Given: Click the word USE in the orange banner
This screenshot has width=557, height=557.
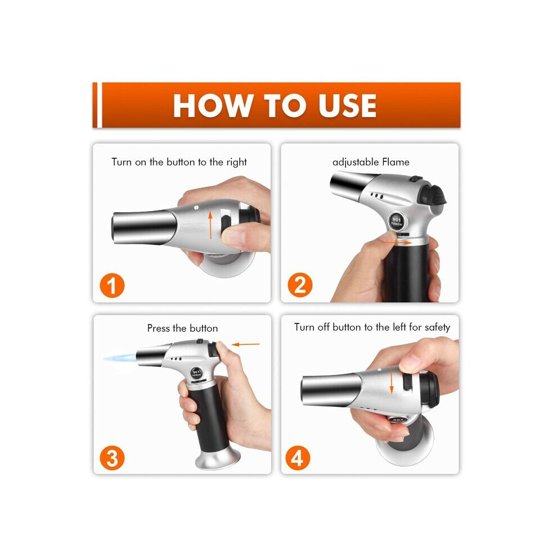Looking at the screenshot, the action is [347, 106].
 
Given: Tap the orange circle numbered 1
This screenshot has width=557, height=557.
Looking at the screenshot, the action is [112, 286].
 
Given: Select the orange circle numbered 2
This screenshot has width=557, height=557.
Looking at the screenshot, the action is [300, 285].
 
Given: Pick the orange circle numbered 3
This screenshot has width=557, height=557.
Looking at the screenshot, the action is [112, 458].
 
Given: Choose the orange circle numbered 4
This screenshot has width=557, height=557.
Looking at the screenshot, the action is [298, 458].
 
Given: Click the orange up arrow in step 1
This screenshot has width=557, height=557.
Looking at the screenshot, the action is [210, 224].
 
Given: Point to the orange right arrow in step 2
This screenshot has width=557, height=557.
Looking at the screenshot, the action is [398, 242].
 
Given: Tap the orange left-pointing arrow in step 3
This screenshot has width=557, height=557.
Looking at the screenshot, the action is [245, 344].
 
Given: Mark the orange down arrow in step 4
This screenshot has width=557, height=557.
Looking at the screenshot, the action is [392, 380].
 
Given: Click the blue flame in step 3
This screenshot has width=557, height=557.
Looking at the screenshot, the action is [120, 358].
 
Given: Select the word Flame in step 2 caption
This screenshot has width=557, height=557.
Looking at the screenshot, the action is [396, 162].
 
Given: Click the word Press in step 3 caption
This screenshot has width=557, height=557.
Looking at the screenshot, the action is [159, 328].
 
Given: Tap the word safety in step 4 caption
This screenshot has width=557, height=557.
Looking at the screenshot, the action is [437, 327].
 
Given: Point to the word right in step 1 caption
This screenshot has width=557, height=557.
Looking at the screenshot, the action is [236, 163].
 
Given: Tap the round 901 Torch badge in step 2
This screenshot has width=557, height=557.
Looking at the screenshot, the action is [397, 222].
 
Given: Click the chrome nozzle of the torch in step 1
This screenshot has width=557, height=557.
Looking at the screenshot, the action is [145, 227].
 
